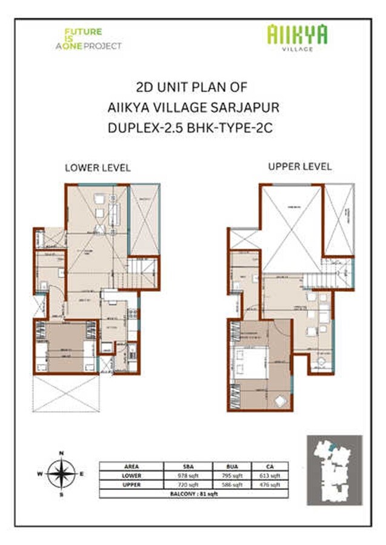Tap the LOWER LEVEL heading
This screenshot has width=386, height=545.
[98, 168]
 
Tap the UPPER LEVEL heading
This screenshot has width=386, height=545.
[300, 167]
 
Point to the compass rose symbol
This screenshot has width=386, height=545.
[61, 474]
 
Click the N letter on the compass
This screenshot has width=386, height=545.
[61, 453]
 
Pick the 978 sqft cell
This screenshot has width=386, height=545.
[188, 476]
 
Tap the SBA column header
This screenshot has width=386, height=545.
[188, 466]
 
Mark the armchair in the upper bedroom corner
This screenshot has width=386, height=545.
[281, 400]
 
